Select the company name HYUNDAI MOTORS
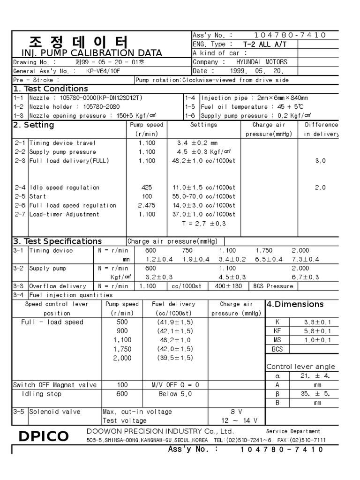click(x=262, y=62)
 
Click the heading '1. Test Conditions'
click(x=51, y=89)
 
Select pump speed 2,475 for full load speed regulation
click(x=147, y=205)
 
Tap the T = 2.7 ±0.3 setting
click(x=204, y=224)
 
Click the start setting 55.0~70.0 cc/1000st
click(x=204, y=196)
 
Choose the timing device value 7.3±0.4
click(x=305, y=259)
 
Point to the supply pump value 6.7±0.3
click(x=305, y=277)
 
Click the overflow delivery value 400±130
click(x=228, y=286)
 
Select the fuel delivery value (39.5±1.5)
click(x=175, y=358)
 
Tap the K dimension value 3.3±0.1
click(x=311, y=322)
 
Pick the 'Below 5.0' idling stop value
click(x=175, y=394)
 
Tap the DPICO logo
click(x=43, y=436)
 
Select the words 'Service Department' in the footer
click(x=293, y=431)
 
